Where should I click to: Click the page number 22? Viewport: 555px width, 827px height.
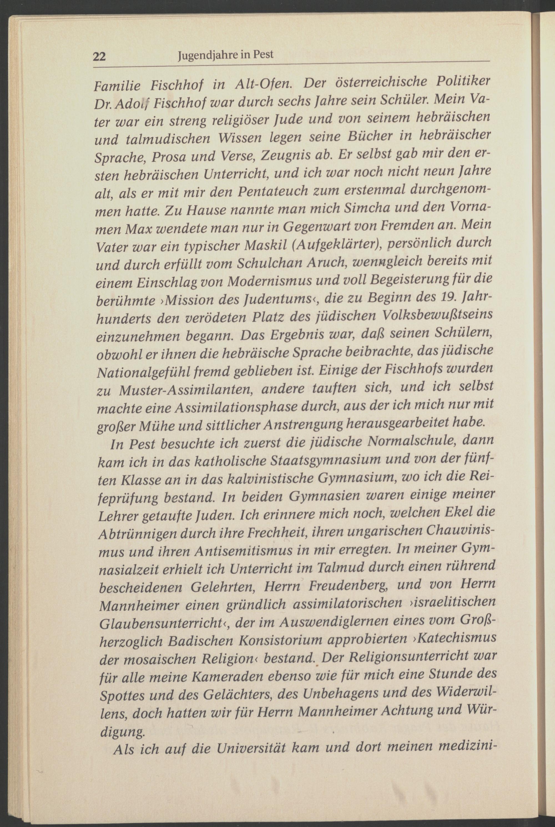coord(99,57)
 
